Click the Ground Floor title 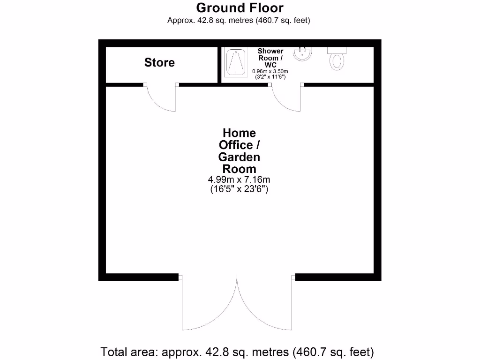click(x=240, y=8)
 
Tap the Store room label click(x=159, y=62)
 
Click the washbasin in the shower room click(x=303, y=54)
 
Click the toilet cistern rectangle click(x=337, y=49)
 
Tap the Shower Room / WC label click(x=270, y=58)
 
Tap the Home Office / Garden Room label click(x=239, y=151)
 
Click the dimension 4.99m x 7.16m click(x=239, y=180)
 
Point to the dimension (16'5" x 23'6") click(x=239, y=189)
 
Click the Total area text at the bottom click(x=237, y=351)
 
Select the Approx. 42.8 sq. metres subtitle click(x=239, y=20)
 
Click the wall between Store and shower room click(x=218, y=65)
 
